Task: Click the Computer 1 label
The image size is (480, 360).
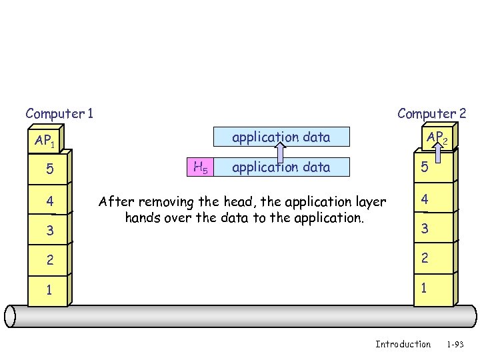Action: [x=59, y=113]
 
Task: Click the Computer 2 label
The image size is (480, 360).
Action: [x=431, y=113]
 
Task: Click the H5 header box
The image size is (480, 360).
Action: [x=200, y=167]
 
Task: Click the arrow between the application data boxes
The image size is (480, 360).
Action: [x=281, y=153]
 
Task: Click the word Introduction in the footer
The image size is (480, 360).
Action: [x=403, y=344]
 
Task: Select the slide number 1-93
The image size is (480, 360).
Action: [x=455, y=344]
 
